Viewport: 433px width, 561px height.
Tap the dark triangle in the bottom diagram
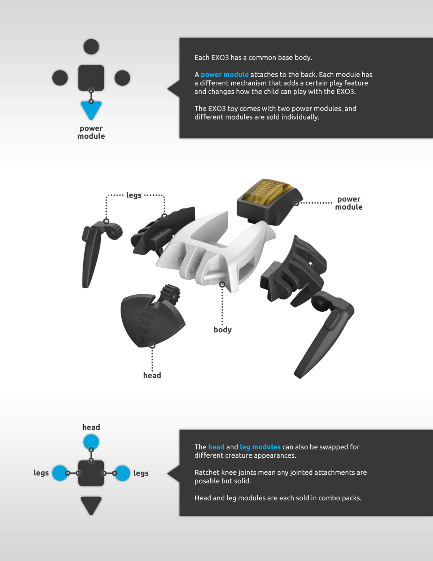91,504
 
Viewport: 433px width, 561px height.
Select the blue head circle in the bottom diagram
91,441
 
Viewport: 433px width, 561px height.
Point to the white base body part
216,249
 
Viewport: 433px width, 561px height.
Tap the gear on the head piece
171,293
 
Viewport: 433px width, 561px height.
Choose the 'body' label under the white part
222,329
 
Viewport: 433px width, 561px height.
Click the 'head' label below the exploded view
152,375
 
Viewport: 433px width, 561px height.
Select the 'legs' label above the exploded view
134,195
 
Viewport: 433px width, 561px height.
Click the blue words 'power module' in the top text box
224,74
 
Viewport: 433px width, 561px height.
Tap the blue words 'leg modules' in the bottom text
260,447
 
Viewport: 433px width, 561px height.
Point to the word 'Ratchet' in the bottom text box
207,472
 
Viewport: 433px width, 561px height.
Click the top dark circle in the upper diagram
91,47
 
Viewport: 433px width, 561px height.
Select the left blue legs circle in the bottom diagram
60,473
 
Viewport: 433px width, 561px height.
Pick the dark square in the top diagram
91,78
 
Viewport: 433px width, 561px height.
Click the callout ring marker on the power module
296,203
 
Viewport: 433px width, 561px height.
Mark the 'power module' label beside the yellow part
349,203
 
